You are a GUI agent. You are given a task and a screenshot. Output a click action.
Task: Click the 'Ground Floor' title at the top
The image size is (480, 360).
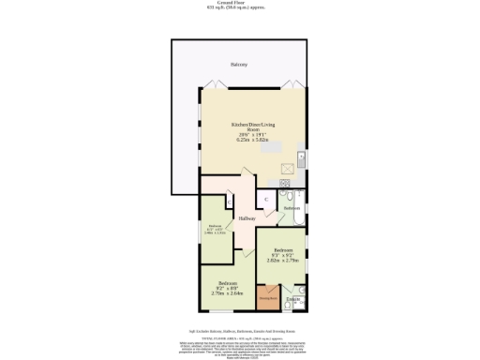pyautogui.click(x=240, y=3)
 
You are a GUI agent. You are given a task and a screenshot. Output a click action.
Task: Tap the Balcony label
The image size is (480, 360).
pyautogui.click(x=239, y=65)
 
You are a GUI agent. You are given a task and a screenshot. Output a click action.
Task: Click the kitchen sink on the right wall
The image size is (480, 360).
pyautogui.click(x=301, y=157)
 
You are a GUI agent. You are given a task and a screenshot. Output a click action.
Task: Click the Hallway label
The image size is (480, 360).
pyautogui.click(x=247, y=218)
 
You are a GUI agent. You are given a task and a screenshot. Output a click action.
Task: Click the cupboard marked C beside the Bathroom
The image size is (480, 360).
pyautogui.click(x=266, y=200)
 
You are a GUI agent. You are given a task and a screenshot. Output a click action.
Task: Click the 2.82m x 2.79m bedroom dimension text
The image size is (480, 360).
pyautogui.click(x=282, y=261)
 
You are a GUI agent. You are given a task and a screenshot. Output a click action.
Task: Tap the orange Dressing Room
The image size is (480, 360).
pyautogui.click(x=268, y=299)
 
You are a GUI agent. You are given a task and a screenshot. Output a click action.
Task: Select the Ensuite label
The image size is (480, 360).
pyautogui.click(x=292, y=299)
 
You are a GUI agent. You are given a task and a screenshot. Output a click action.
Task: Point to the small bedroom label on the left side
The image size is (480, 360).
pyautogui.click(x=215, y=228)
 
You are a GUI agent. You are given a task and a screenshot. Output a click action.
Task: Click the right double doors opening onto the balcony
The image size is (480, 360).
pyautogui.click(x=293, y=82)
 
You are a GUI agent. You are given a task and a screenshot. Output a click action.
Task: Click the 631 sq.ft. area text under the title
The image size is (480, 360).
pyautogui.click(x=240, y=8)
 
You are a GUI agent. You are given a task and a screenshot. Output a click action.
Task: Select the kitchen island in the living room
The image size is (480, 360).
pyautogui.click(x=271, y=146)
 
